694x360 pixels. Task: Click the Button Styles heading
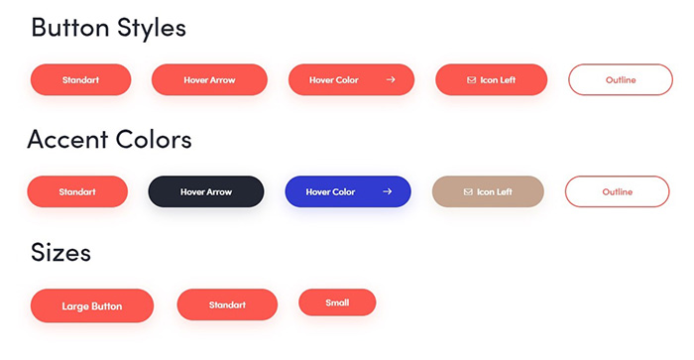(108, 28)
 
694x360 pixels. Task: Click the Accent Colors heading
(109, 139)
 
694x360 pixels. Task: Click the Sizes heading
(60, 252)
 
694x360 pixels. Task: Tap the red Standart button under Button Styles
(80, 79)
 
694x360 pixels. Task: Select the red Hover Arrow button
(209, 79)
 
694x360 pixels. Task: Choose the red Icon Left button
(491, 79)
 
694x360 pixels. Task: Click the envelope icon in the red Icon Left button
(471, 79)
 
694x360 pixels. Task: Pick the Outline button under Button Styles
(620, 79)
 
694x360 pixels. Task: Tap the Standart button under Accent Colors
(77, 191)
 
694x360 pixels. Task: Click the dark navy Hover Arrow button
(206, 191)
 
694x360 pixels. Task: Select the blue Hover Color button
(347, 191)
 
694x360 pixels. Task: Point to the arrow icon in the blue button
(389, 191)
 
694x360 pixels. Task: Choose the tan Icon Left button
(488, 191)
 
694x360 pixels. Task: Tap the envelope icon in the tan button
(468, 191)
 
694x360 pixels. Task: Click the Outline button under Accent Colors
(617, 191)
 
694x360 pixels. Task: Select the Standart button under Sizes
(227, 304)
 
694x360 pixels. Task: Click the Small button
(337, 301)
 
